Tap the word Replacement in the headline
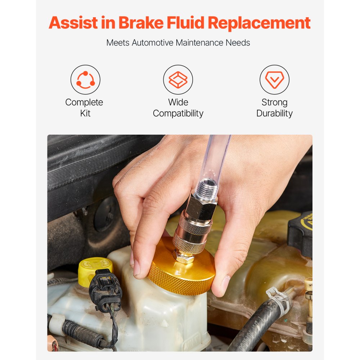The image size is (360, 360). [259, 23]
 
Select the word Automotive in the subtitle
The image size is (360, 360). [153, 42]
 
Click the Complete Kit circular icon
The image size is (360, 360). [85, 80]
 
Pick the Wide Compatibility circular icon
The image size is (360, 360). [178, 80]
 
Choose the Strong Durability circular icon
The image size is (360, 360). [274, 80]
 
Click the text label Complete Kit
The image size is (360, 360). [84, 108]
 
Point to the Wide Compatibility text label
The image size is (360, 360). [178, 108]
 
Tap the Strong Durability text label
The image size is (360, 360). [274, 108]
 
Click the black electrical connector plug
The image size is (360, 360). [105, 290]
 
